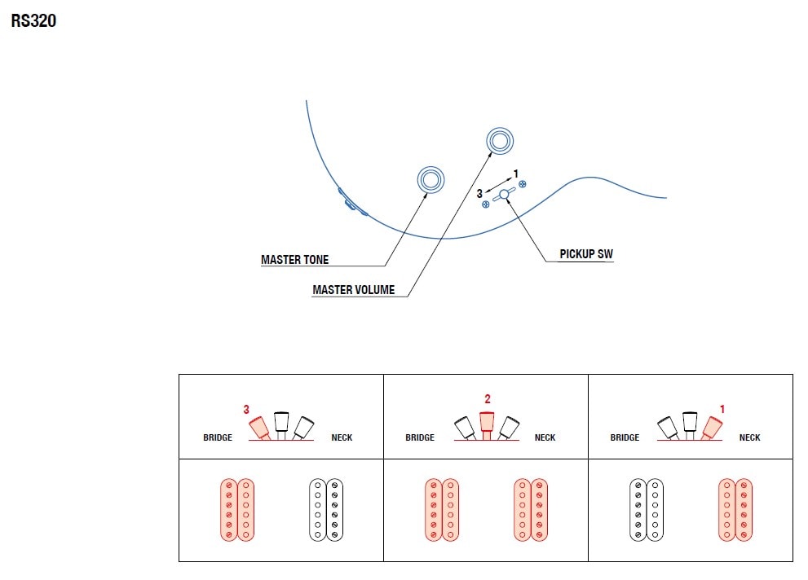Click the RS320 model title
click(x=33, y=21)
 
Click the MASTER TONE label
click(x=295, y=260)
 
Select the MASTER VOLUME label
click(x=353, y=290)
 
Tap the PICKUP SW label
click(x=586, y=254)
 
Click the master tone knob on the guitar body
click(x=430, y=180)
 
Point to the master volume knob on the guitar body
click(x=500, y=142)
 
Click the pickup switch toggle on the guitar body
click(x=504, y=194)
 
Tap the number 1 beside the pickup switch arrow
click(x=516, y=174)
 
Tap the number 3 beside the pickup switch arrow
click(x=479, y=194)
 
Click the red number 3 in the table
click(x=246, y=410)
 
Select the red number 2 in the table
click(x=488, y=399)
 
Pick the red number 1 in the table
click(x=722, y=410)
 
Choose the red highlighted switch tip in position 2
click(x=488, y=421)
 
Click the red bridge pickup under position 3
click(x=237, y=510)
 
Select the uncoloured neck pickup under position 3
click(x=326, y=510)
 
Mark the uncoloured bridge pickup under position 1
click(x=647, y=510)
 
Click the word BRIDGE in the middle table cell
click(x=420, y=438)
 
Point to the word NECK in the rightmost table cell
click(x=749, y=438)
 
